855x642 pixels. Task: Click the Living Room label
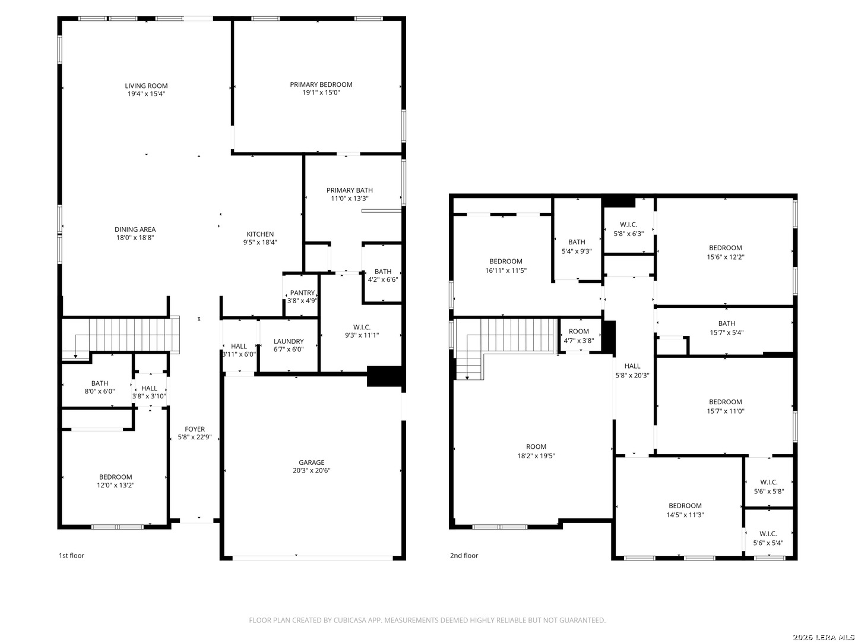click(x=146, y=86)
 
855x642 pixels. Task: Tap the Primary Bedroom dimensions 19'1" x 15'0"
click(x=321, y=93)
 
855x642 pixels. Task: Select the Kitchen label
click(x=260, y=234)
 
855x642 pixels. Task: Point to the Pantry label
click(x=302, y=292)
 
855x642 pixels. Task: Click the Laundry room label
click(x=288, y=341)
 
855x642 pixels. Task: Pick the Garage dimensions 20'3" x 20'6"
click(x=311, y=470)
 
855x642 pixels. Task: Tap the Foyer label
click(x=194, y=429)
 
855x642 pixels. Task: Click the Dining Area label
click(x=135, y=229)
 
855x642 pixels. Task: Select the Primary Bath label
click(x=349, y=190)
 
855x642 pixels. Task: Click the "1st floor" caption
click(x=71, y=555)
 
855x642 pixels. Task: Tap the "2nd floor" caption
click(x=464, y=555)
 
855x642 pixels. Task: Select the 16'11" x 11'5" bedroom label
click(x=506, y=266)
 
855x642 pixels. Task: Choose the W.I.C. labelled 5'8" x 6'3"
click(x=629, y=229)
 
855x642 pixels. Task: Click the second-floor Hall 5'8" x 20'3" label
click(x=632, y=371)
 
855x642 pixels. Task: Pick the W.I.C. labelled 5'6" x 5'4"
click(x=768, y=539)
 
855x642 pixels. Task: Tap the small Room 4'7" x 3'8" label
click(x=579, y=336)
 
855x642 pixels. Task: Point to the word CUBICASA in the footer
click(x=349, y=620)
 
